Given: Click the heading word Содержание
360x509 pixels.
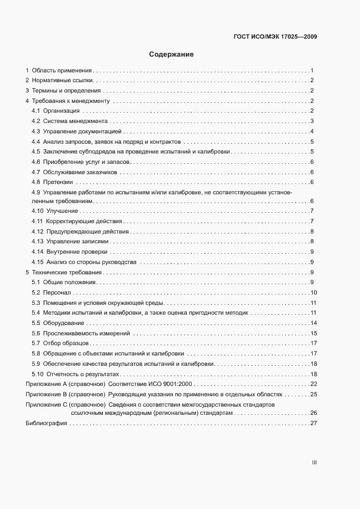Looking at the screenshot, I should [172, 54].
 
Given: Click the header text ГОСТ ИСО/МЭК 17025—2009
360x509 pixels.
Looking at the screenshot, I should [276, 37].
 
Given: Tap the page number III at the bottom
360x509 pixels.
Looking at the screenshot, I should [314, 463].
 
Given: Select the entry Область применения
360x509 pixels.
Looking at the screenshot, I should [62, 71].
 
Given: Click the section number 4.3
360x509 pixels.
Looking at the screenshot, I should [36, 131].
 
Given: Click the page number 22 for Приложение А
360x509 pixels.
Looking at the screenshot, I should [314, 384].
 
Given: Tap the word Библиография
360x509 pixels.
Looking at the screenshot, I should [46, 424].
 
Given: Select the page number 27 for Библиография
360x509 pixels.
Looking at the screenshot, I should [314, 424].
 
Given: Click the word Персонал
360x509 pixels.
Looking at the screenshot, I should [57, 293].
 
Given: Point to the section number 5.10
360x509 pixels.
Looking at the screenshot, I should [38, 374].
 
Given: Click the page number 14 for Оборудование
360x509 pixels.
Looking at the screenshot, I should [314, 323].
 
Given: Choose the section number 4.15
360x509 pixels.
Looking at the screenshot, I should [38, 262].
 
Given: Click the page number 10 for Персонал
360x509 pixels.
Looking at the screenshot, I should [314, 293].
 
